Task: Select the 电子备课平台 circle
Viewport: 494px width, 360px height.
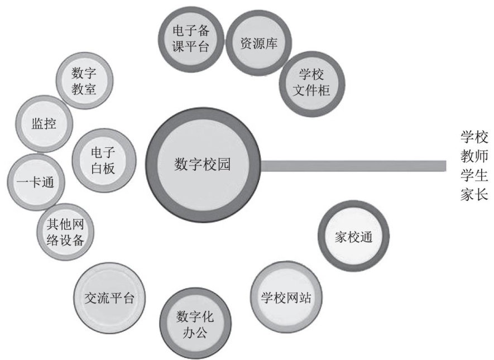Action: (191, 38)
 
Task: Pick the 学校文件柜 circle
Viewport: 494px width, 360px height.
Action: (311, 82)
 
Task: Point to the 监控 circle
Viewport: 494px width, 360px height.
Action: (44, 123)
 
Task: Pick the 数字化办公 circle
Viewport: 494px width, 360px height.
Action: (191, 325)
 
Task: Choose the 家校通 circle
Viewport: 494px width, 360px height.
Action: (353, 236)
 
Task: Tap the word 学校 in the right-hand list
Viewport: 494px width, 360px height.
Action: (474, 137)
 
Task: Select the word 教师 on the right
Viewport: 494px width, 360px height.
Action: (474, 156)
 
